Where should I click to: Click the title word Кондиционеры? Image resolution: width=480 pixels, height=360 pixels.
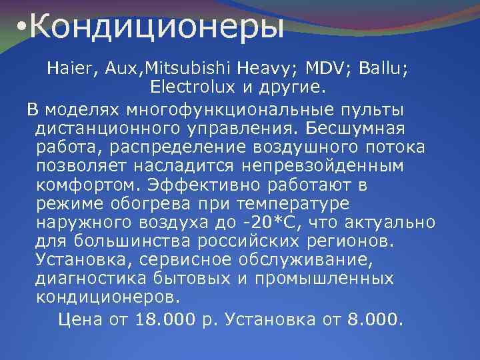click(157, 28)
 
